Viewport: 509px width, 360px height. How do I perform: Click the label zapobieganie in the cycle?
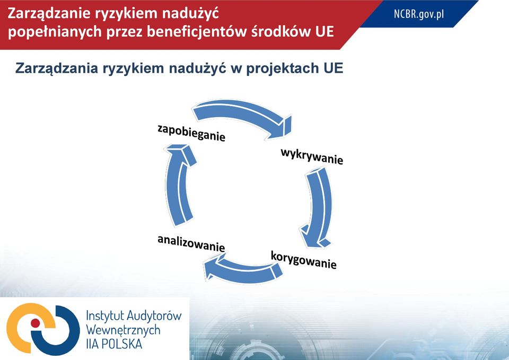coord(191,133)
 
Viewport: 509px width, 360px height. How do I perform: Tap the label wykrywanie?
coord(312,156)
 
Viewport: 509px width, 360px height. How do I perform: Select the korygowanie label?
coord(303,260)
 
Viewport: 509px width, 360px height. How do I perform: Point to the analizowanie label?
coord(191,244)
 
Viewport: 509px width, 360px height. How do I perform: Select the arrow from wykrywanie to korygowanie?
coord(320,208)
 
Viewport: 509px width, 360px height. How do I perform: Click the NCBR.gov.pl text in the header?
coord(419,14)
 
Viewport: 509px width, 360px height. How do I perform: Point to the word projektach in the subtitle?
coord(283,68)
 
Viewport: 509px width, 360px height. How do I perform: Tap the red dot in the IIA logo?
coord(35,323)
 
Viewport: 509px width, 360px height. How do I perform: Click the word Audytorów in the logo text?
coord(154,315)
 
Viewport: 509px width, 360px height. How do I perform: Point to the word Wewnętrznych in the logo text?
coord(124,330)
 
